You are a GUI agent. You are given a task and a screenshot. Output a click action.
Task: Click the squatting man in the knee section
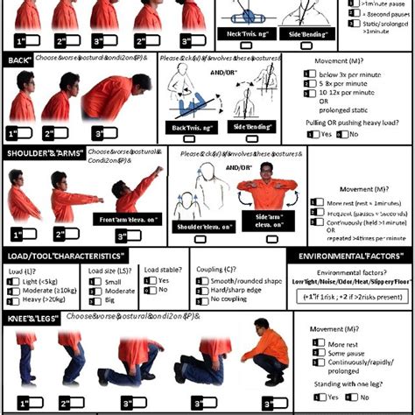coord(263,359)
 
